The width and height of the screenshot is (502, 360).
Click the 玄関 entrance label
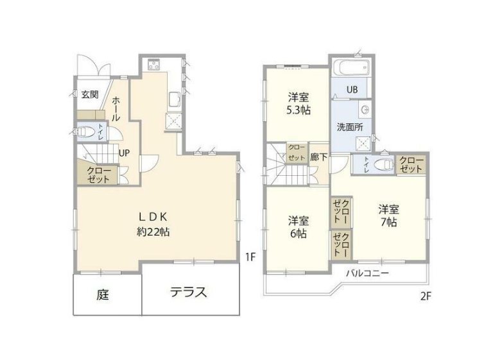coord(90,95)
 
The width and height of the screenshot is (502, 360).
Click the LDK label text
coord(153,216)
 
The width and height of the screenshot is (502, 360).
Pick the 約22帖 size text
coord(153,232)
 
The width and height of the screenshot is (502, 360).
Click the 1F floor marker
coord(250,257)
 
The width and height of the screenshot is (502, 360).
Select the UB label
coord(352,89)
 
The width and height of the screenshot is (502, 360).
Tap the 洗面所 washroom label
coord(351,126)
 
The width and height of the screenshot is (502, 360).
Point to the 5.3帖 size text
coord(299,110)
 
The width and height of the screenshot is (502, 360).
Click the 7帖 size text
coord(389,223)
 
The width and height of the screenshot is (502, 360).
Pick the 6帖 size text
coord(298,234)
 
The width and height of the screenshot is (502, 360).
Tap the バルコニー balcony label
coord(368,273)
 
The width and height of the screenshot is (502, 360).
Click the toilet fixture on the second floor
coord(381,165)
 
